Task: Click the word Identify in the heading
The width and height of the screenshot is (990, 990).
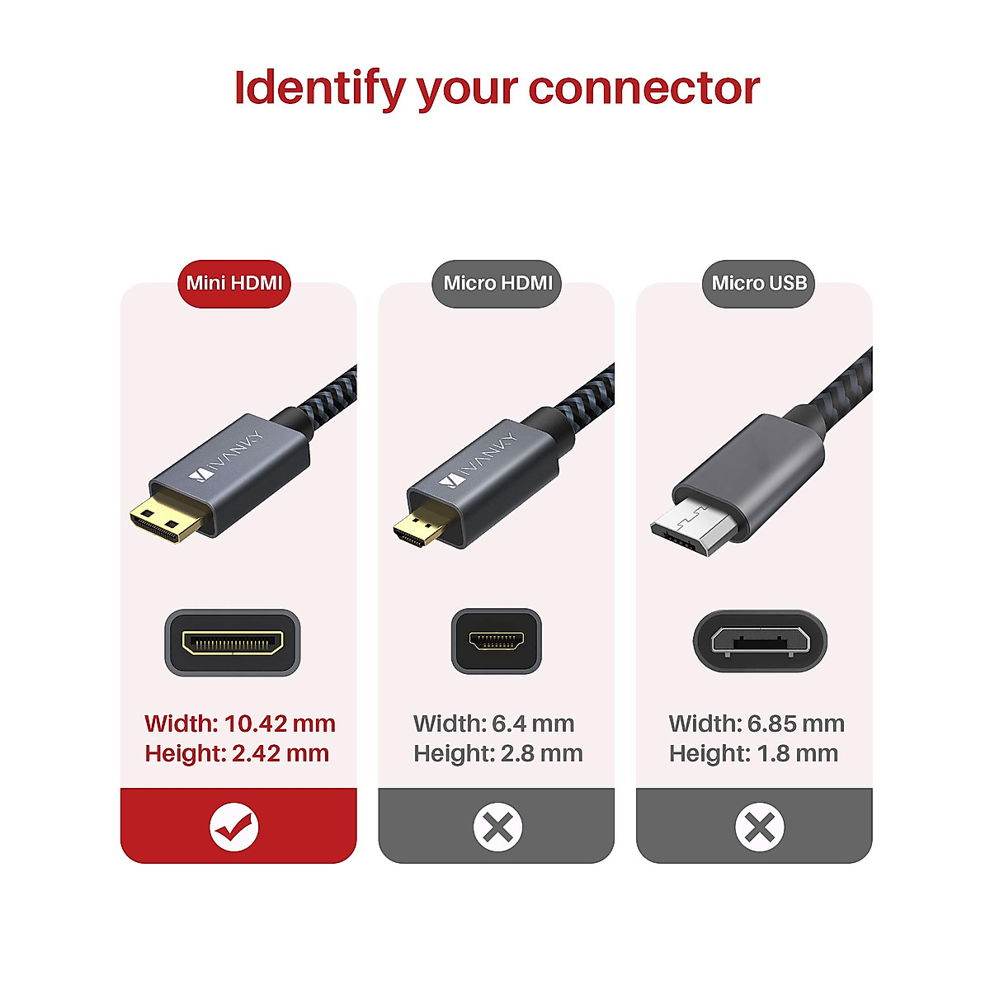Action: click(x=318, y=88)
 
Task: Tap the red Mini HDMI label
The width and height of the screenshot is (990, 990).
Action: click(x=234, y=284)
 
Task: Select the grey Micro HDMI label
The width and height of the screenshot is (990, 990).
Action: click(x=497, y=284)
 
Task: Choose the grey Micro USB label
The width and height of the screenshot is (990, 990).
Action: click(x=759, y=284)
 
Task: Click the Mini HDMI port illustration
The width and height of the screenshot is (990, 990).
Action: click(x=233, y=643)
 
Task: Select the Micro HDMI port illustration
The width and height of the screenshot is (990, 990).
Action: click(x=496, y=641)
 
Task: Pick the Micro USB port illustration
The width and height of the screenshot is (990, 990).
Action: click(x=759, y=642)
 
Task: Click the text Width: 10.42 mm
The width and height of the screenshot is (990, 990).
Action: click(x=240, y=724)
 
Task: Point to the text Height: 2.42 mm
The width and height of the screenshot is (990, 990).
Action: click(x=237, y=753)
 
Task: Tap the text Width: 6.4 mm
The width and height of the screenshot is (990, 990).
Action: click(x=494, y=724)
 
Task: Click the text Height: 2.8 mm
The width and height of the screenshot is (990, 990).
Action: click(x=498, y=753)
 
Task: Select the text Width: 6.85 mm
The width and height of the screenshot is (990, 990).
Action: click(x=757, y=724)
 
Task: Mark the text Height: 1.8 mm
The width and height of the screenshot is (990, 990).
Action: click(x=753, y=753)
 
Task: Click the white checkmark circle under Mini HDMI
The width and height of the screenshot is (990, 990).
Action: click(x=234, y=827)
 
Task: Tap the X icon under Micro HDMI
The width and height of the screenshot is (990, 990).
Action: click(x=497, y=827)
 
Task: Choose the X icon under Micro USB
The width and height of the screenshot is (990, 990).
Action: click(x=759, y=827)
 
